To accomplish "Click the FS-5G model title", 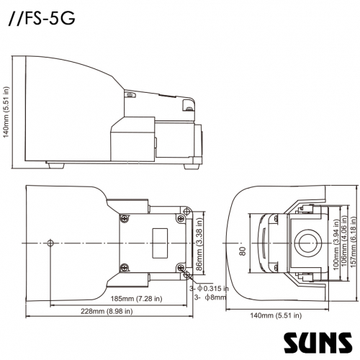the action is (42, 19).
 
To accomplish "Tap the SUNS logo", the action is (318, 343).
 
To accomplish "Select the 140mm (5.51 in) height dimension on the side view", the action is (6, 112).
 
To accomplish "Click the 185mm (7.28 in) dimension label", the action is (136, 299).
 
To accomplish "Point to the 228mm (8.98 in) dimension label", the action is (107, 311).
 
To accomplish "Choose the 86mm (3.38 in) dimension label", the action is (200, 244).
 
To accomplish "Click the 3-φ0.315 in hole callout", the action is (209, 288).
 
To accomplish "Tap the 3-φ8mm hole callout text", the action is (210, 297).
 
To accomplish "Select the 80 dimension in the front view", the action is (243, 251).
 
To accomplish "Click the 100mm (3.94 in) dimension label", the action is (336, 244).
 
